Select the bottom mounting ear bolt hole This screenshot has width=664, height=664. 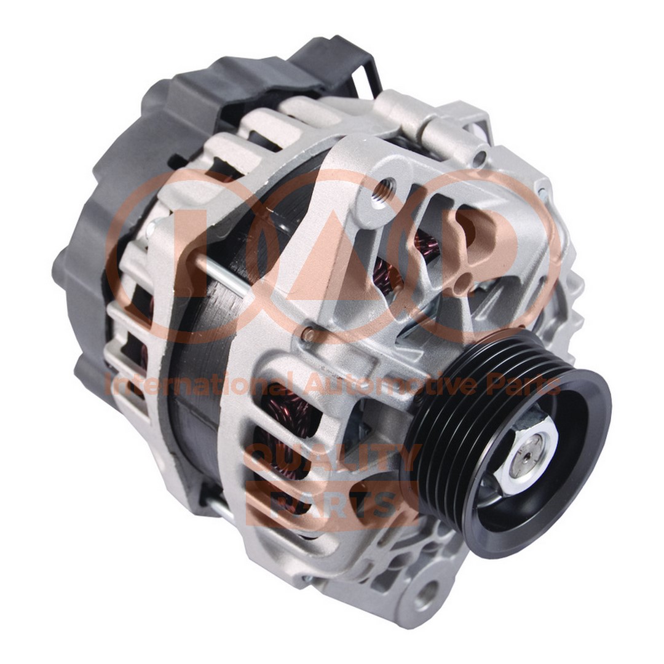click(x=428, y=591)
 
